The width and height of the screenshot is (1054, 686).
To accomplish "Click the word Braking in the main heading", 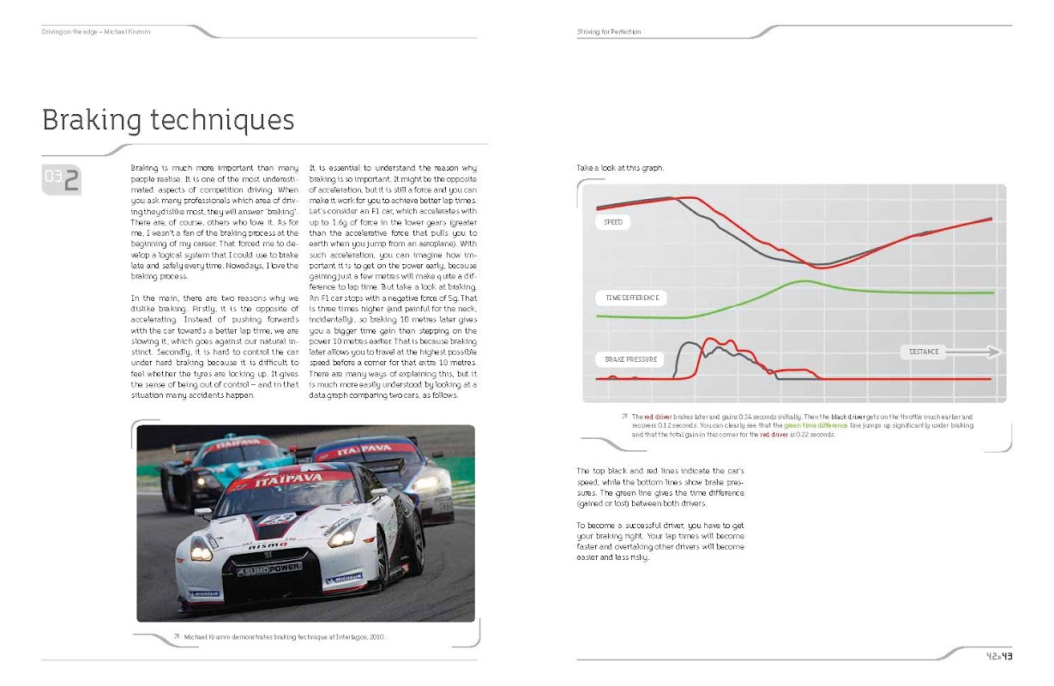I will click(93, 120).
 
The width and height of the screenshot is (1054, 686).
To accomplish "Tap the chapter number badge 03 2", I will click(62, 179).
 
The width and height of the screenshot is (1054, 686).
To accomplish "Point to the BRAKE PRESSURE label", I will click(631, 358).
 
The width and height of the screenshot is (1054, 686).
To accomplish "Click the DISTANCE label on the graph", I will click(924, 352).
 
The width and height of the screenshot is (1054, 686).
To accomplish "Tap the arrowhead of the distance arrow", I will click(995, 352).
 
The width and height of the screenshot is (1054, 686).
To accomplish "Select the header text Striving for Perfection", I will click(609, 32).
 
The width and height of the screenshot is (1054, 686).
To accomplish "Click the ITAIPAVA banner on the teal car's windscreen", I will click(229, 445).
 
